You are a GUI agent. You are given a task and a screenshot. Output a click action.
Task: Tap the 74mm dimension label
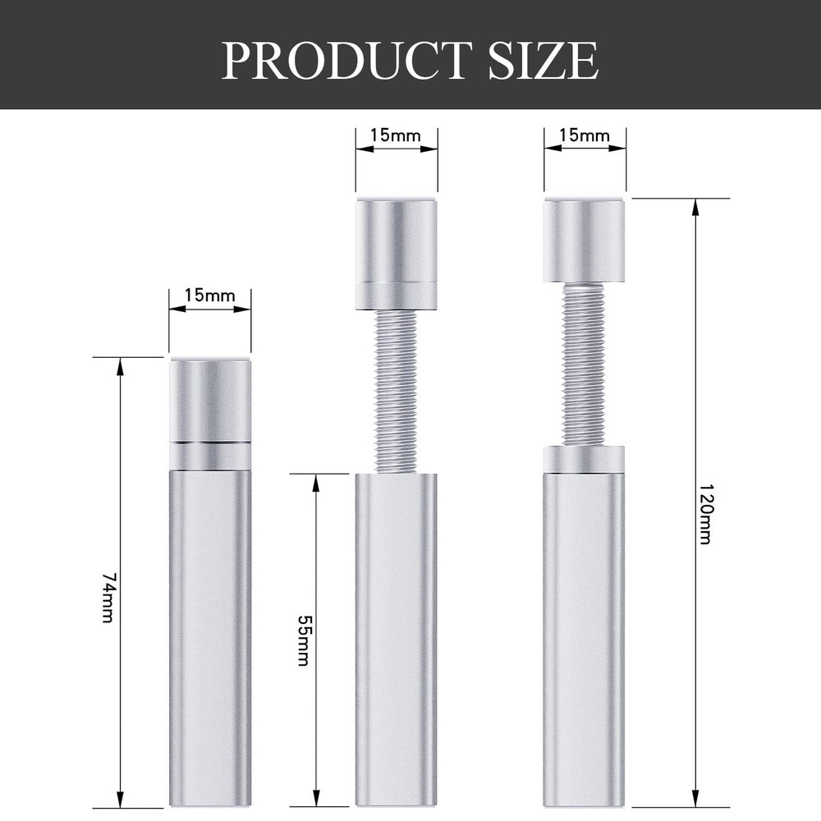108,598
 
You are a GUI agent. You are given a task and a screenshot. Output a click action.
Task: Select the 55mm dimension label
303,640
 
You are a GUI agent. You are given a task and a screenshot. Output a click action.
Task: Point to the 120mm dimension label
705,514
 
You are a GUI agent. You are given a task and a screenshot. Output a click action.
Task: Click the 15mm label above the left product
209,296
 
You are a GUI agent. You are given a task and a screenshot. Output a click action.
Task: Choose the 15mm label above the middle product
396,135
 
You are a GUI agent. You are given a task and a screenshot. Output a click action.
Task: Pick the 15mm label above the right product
585,135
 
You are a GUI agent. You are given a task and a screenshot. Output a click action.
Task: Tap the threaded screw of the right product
584,364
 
